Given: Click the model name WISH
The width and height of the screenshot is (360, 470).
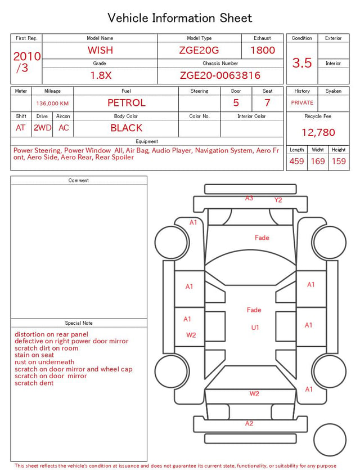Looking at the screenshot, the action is tap(100, 50).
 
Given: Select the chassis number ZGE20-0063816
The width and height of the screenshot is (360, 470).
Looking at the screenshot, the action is tap(220, 75).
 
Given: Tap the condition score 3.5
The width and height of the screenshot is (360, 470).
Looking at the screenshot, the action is tap(302, 62).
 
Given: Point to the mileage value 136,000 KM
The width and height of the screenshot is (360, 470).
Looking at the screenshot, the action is tap(52, 104).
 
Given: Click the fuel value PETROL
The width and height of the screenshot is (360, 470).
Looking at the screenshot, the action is tap(127, 103).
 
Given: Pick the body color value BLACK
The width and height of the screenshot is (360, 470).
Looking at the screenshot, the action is tap(127, 128).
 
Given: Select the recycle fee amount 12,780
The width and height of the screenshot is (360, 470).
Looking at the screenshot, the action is tap(318, 132).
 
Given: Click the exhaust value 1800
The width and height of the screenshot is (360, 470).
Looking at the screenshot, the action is tap(263, 50).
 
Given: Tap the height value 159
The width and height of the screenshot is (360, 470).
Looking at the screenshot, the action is tap(339, 161).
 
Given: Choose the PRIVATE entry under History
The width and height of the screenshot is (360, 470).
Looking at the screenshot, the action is tap(302, 102).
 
